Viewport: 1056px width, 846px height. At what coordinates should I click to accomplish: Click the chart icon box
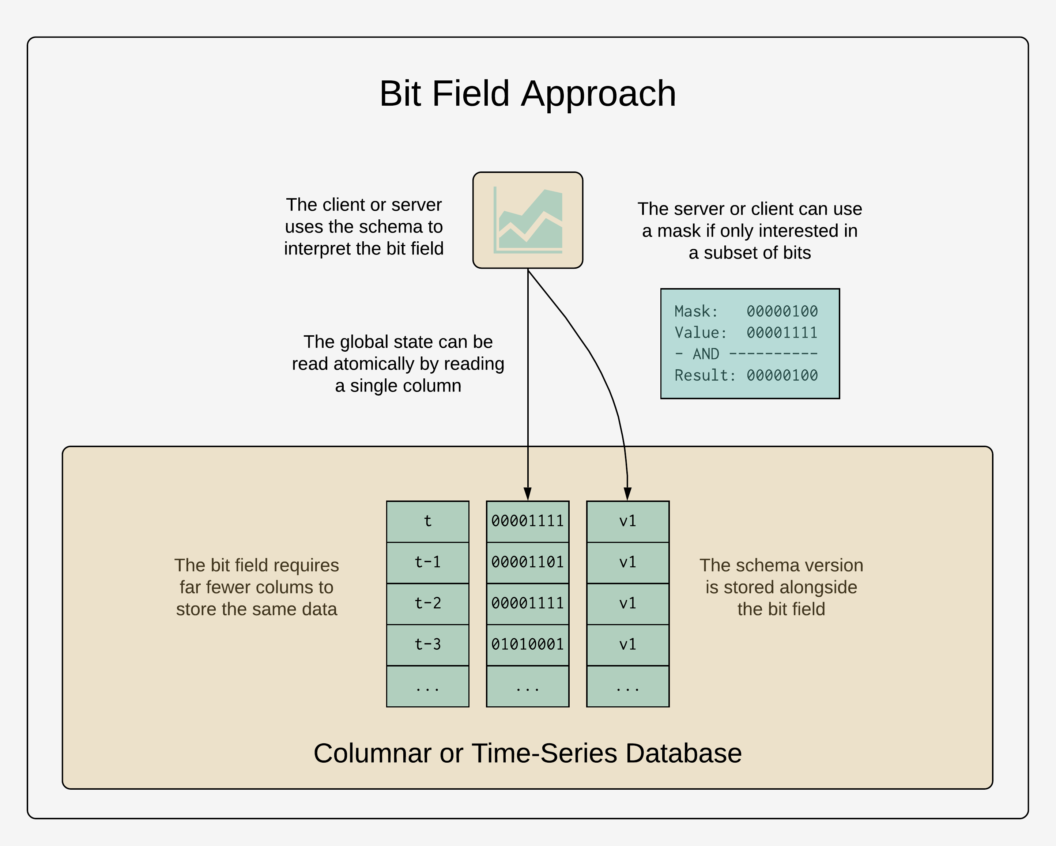click(528, 220)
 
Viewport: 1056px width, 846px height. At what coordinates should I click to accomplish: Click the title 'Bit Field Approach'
click(528, 93)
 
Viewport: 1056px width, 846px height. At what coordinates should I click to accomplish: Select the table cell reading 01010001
click(528, 645)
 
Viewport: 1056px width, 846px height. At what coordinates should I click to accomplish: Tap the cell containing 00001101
click(528, 562)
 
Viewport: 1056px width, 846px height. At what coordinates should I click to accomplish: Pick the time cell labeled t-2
click(427, 604)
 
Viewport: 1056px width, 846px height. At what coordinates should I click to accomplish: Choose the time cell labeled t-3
click(427, 645)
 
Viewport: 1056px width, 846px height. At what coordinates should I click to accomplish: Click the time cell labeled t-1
click(427, 562)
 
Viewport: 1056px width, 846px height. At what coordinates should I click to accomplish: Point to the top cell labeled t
click(427, 521)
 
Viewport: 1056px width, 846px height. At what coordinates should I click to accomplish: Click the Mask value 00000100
click(782, 311)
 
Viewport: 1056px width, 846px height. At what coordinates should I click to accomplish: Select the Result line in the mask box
click(746, 375)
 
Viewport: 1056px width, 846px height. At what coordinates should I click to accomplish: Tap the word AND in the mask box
click(706, 354)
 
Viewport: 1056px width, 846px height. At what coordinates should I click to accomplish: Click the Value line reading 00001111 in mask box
click(746, 333)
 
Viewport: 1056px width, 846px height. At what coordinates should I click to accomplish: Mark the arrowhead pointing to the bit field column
click(528, 494)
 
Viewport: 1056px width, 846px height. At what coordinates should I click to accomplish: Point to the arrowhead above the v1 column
click(627, 494)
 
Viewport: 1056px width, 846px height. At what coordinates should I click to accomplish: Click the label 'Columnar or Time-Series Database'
click(528, 753)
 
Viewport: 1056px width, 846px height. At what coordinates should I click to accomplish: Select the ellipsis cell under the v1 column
click(627, 686)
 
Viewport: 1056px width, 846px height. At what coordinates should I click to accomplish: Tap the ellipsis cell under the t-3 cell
click(427, 686)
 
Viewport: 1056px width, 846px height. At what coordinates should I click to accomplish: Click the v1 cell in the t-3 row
click(627, 645)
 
